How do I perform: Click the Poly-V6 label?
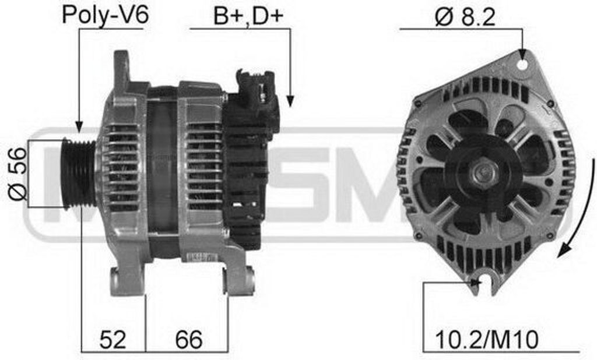coord(105,15)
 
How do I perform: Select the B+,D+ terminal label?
coord(248,16)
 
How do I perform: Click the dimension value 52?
coord(112,339)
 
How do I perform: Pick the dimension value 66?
coord(187,339)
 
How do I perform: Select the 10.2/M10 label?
coord(487,339)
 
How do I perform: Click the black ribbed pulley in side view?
coord(79,173)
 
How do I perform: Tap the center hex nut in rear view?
coord(483,172)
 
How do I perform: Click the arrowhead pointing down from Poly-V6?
coord(78,125)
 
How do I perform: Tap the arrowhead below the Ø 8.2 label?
coord(522,55)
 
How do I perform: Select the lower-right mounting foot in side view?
coord(239,280)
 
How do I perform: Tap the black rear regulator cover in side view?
coord(248,175)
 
